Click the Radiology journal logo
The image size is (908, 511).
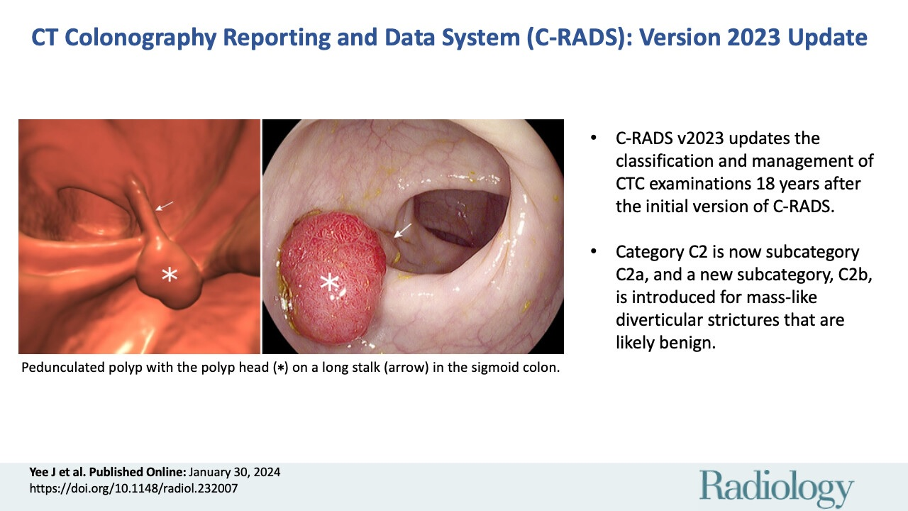tap(777, 488)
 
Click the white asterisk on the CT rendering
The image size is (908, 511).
tap(169, 275)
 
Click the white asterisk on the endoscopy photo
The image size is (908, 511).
tap(329, 283)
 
